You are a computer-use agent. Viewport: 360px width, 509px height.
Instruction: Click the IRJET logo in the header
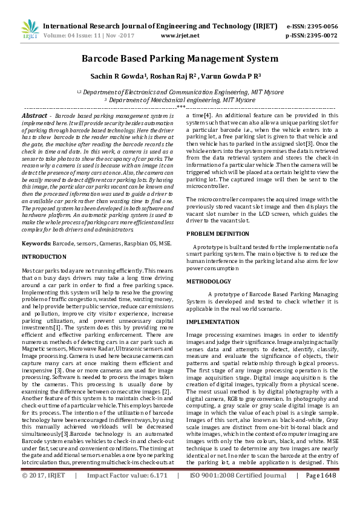point(30,30)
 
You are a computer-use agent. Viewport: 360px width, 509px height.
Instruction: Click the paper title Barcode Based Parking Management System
point(180,59)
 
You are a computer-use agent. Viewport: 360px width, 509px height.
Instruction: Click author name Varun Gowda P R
point(222,77)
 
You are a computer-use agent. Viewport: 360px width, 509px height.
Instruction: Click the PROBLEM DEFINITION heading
point(218,233)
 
